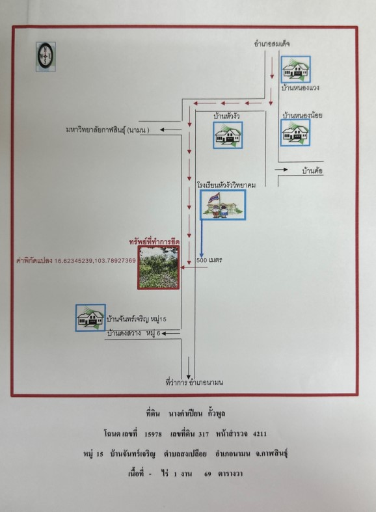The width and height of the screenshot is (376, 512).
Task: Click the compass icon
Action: [46, 57]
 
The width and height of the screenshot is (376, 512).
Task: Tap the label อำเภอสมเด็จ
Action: [272, 44]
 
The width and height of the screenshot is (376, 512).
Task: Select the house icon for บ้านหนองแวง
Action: [296, 70]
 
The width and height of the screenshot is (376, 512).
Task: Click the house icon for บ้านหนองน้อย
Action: [295, 133]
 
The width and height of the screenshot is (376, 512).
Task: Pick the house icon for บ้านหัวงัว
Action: [228, 135]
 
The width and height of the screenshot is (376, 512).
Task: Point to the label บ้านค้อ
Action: [313, 171]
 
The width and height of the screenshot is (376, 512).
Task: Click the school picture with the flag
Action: [223, 205]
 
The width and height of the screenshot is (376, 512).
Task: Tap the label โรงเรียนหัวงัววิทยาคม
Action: [226, 185]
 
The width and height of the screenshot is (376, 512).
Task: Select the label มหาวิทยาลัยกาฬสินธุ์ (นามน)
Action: [107, 130]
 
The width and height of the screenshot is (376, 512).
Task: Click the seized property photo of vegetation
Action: [158, 267]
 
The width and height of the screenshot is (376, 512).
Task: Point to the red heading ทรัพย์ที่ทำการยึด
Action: [154, 242]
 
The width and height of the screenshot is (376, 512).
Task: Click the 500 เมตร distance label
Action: [209, 260]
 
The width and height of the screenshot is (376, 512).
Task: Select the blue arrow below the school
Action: [202, 239]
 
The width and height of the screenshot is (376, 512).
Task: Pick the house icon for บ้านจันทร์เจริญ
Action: [90, 317]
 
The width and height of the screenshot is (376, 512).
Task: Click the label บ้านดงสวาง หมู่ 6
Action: [134, 333]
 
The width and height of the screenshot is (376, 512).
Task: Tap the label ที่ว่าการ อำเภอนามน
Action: [195, 382]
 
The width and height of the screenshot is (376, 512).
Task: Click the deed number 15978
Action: [153, 434]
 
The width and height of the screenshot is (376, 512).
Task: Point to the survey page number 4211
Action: [260, 434]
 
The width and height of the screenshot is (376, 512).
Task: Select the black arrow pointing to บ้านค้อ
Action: [281, 169]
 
